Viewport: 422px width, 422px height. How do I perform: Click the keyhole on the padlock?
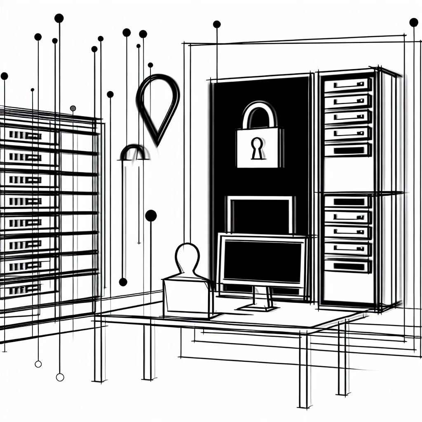coord(256,149)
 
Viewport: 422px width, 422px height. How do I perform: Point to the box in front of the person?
coord(188,297)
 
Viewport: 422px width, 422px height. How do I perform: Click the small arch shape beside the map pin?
coord(134,152)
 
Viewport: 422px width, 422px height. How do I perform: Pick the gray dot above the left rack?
coord(73,108)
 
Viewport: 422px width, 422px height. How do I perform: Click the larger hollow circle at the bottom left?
coord(60,377)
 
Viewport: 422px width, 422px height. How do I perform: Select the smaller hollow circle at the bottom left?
coord(38,364)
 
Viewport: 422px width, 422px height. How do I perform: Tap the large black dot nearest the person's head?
coord(151,216)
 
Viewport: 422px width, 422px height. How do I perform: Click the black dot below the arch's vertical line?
coord(123,282)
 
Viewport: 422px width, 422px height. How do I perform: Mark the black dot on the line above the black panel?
coord(216,24)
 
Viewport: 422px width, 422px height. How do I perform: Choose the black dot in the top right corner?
coord(413,22)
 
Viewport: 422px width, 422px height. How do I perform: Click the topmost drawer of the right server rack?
coord(347,85)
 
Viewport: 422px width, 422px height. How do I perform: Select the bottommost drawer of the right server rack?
coord(347,266)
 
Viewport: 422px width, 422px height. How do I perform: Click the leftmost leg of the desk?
coord(98,350)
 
